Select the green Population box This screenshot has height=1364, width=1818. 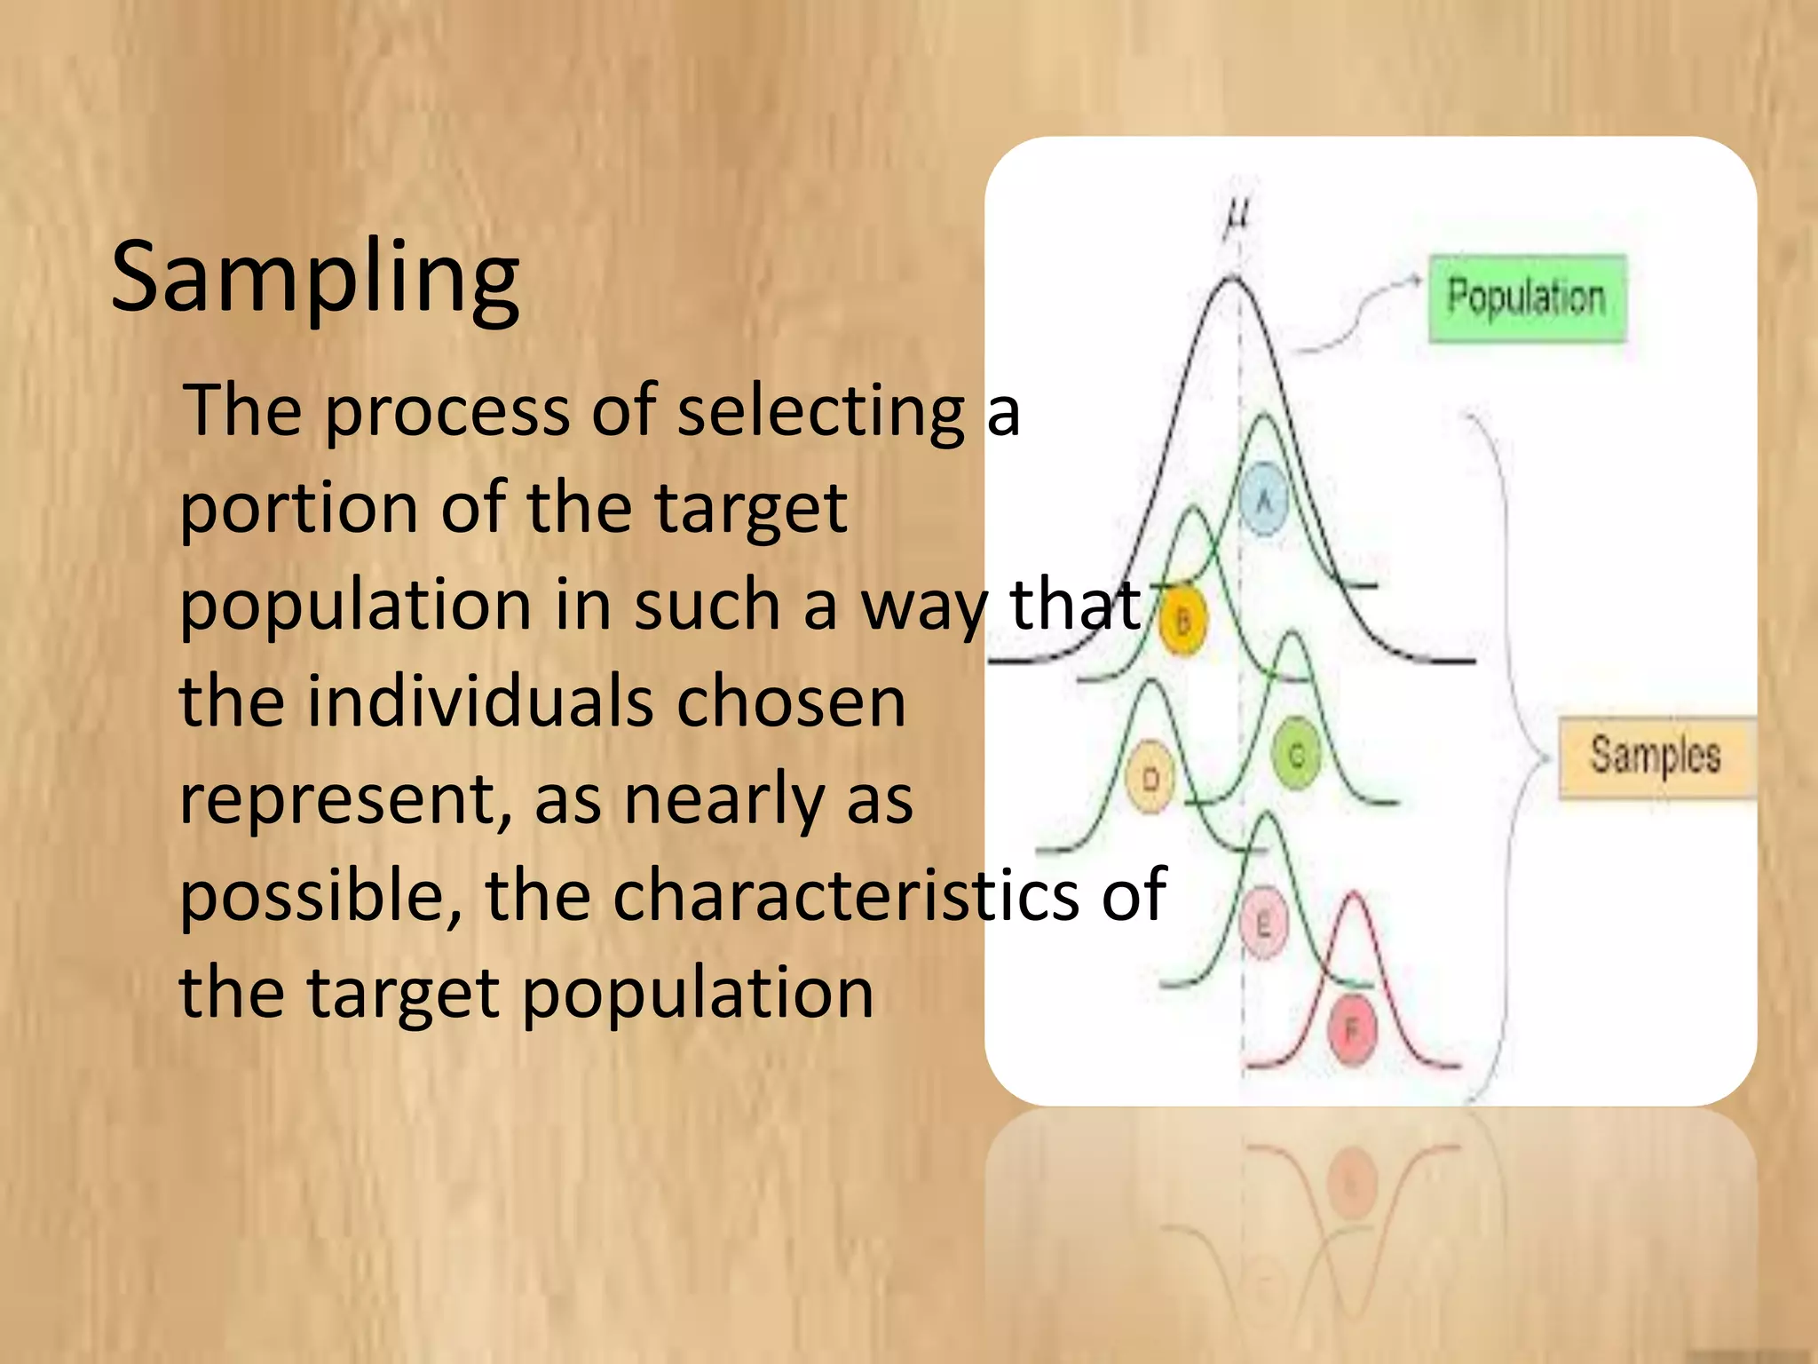pos(1527,298)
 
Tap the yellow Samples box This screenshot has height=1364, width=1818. pos(1656,757)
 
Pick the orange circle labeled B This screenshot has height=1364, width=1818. pos(1183,621)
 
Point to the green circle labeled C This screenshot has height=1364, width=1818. pos(1297,756)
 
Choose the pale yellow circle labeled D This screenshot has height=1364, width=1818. pos(1150,779)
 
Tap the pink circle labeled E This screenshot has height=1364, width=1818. pos(1263,924)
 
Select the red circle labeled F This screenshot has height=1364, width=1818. pos(1351,1030)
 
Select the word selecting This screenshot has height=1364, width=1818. pos(821,413)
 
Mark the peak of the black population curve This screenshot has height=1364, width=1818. pos(1232,280)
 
